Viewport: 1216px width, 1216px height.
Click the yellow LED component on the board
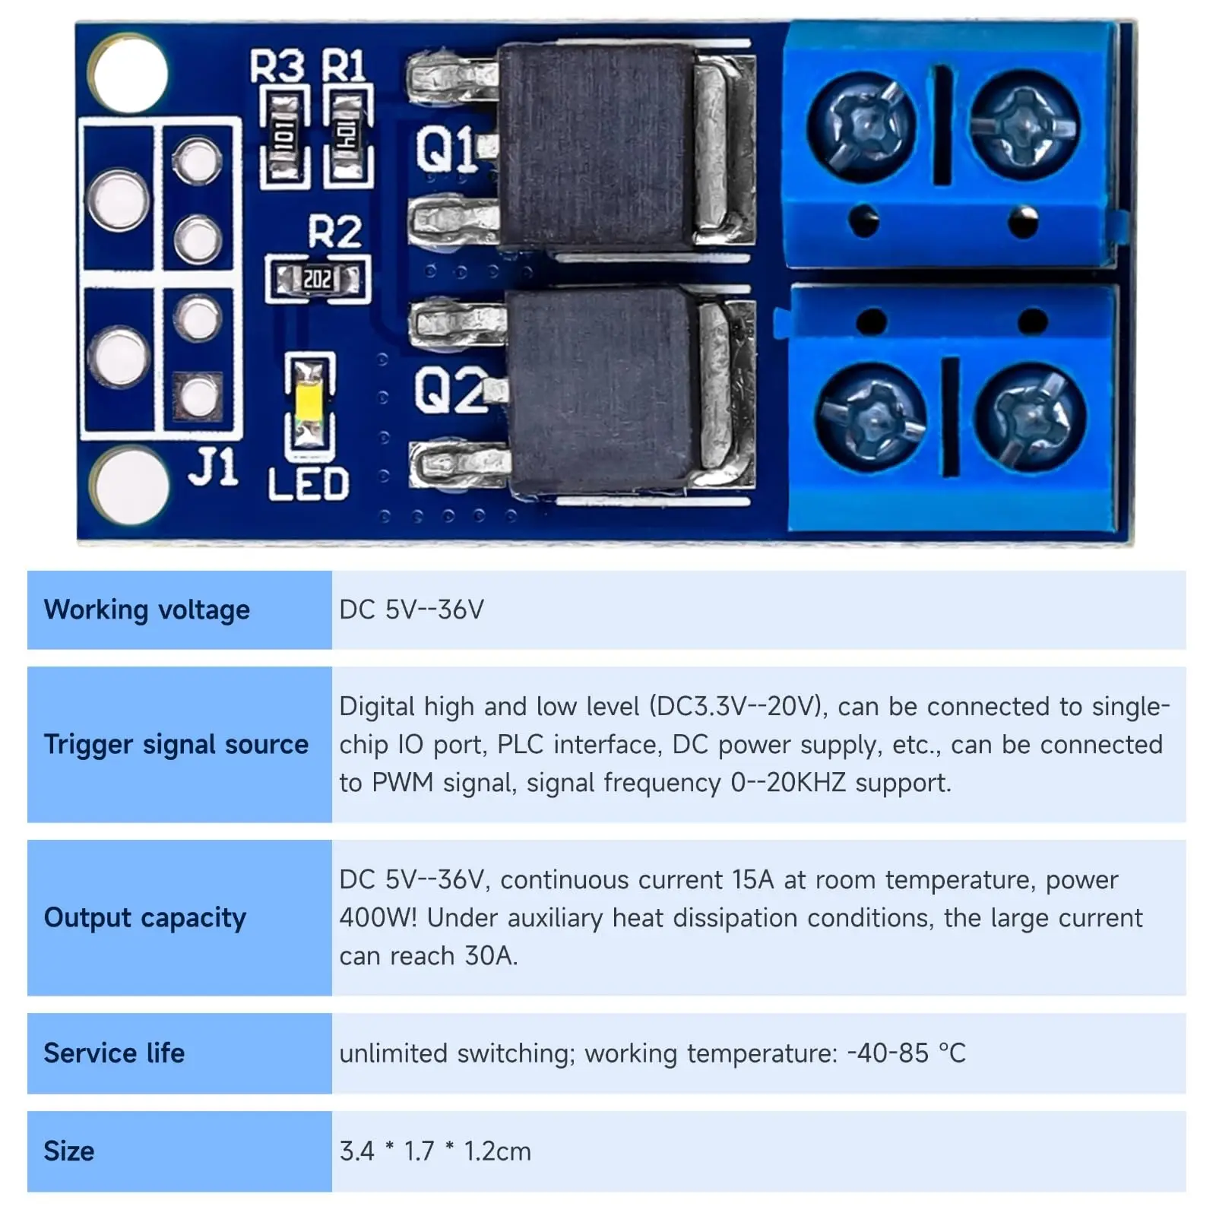point(309,401)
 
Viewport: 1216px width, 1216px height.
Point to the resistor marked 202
point(317,279)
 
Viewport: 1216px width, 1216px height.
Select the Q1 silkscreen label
point(445,148)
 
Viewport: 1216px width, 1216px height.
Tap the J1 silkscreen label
point(213,467)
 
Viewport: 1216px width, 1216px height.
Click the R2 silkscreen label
point(334,232)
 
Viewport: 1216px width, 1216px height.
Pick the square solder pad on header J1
point(198,396)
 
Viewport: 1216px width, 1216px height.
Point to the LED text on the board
point(308,484)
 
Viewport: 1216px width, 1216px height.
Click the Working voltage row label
point(147,610)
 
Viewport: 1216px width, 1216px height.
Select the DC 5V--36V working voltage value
point(411,610)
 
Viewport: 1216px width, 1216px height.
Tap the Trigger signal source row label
point(176,744)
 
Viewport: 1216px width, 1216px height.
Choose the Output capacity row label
point(145,917)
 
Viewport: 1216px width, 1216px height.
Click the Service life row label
point(114,1053)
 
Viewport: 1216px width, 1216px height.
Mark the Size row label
point(69,1151)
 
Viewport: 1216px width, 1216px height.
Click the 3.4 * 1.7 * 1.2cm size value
point(435,1151)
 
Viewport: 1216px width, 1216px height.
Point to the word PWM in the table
point(403,782)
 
